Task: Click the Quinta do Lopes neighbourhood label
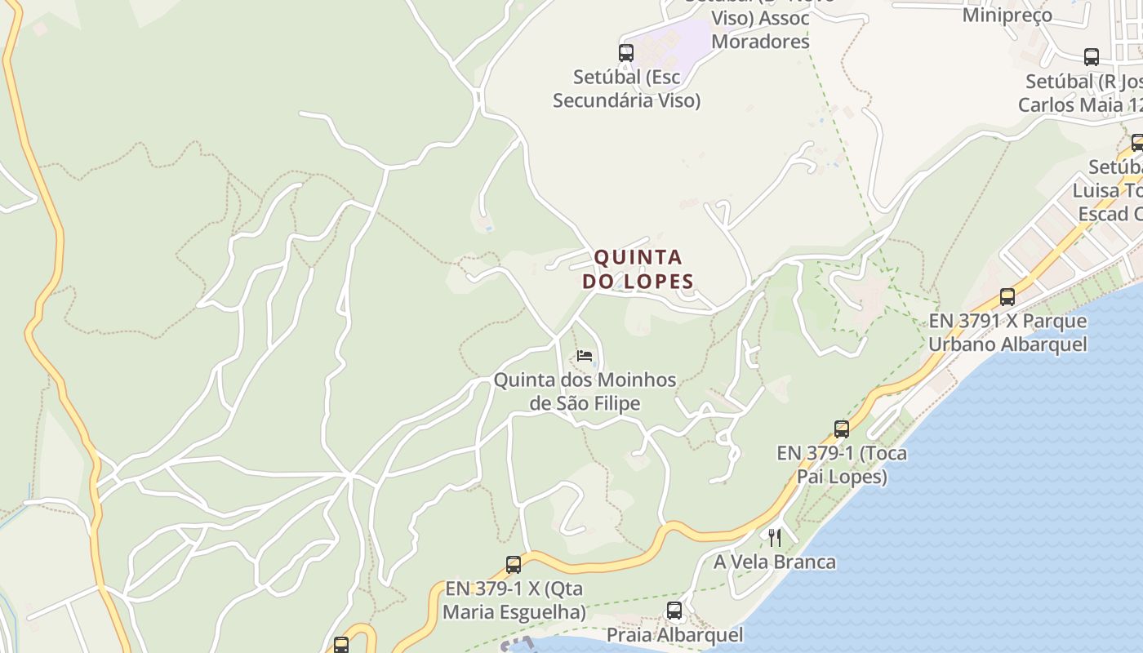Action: coord(638,269)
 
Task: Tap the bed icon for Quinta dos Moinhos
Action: coord(585,356)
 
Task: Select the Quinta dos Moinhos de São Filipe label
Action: coord(585,392)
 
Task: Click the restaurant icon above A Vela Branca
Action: coord(775,537)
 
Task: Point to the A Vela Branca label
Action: coord(775,562)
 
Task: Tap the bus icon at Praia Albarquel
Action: coord(674,610)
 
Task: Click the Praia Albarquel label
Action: coord(674,634)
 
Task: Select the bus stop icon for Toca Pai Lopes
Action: coord(842,429)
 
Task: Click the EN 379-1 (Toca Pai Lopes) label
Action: coord(842,464)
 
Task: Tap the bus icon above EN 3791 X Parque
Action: coord(1007,297)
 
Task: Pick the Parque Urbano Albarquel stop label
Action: coord(1007,332)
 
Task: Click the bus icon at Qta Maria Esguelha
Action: coord(514,564)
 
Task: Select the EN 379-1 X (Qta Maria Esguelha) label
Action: coord(515,600)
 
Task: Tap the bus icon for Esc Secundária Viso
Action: coord(626,53)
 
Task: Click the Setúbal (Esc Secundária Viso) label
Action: coord(626,89)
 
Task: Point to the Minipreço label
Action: coord(1007,15)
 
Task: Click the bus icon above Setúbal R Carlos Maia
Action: coord(1092,57)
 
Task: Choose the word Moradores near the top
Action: coord(760,41)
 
